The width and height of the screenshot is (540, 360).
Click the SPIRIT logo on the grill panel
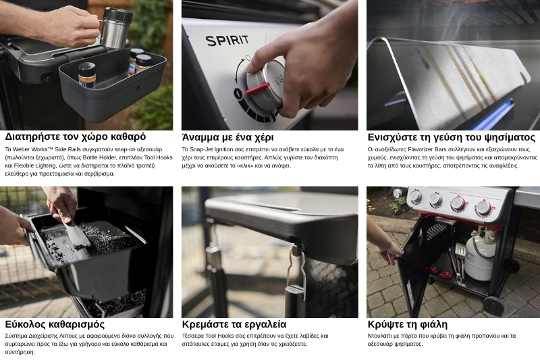[x=227, y=41]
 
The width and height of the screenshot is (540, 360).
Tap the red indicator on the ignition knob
[x=258, y=88]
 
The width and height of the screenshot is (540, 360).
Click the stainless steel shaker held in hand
[x=116, y=28]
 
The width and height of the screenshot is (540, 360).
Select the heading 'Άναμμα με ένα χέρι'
[x=227, y=138]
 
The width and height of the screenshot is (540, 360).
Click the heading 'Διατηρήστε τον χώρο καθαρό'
[x=76, y=136]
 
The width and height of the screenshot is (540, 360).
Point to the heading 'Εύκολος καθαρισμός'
[x=55, y=324]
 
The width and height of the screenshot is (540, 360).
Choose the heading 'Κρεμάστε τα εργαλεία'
[x=234, y=324]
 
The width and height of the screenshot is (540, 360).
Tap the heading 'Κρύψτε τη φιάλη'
[x=408, y=324]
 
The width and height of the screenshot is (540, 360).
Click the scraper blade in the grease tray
[x=78, y=234]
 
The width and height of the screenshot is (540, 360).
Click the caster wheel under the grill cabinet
[x=493, y=305]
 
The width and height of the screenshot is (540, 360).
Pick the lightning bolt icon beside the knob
[x=238, y=93]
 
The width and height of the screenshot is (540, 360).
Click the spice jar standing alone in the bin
[x=87, y=74]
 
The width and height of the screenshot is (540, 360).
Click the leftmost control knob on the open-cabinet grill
[x=415, y=196]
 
